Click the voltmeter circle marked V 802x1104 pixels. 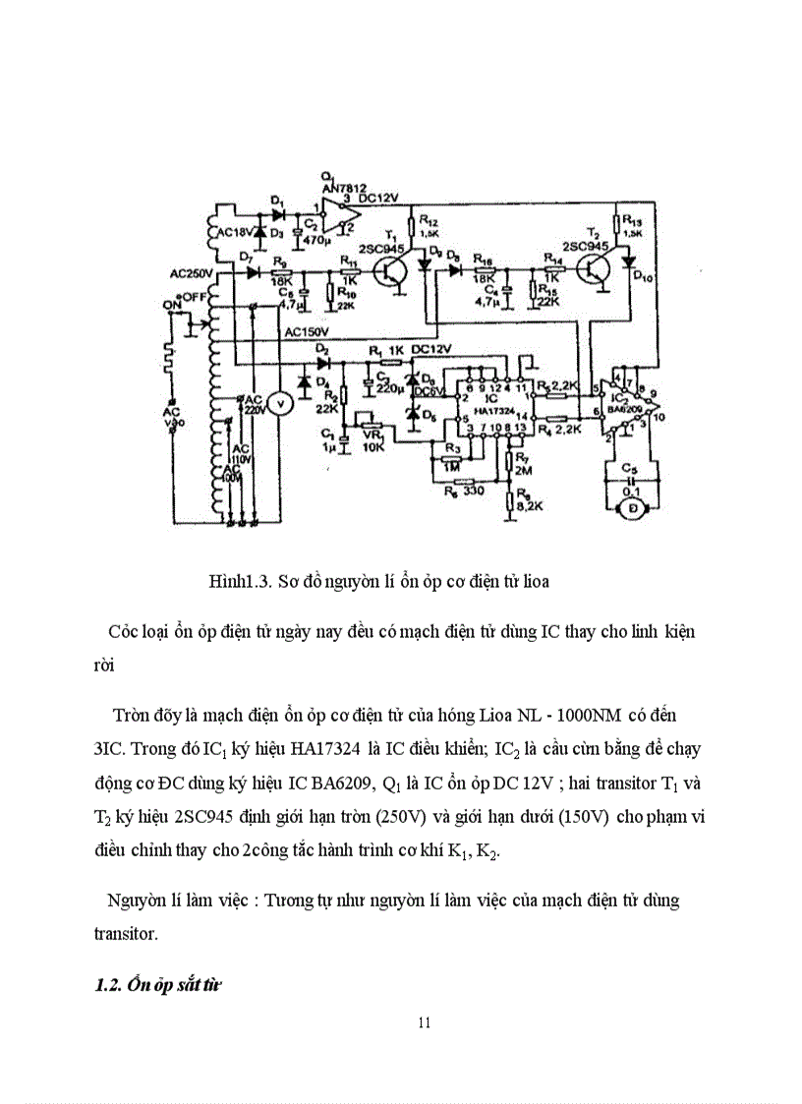(x=278, y=402)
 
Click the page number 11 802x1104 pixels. (x=424, y=1022)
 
